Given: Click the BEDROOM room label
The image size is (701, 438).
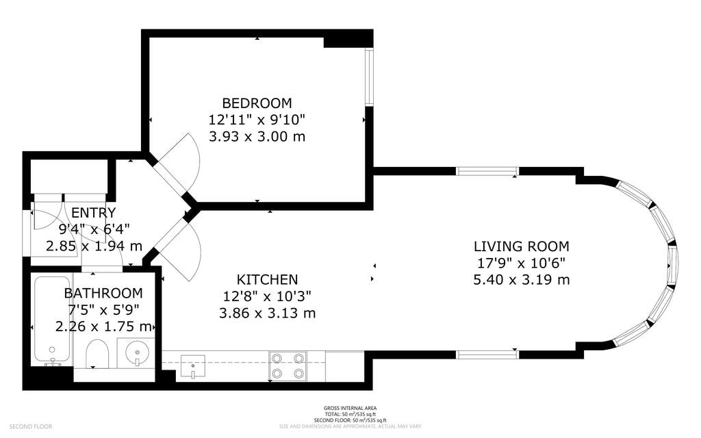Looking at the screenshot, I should click(x=257, y=103).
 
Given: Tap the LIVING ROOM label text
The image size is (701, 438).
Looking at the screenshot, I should click(x=521, y=246).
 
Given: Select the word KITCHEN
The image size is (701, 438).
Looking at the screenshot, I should click(x=267, y=279).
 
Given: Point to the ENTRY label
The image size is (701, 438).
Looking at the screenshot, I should click(x=94, y=213).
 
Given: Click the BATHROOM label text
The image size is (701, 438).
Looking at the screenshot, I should click(x=103, y=293).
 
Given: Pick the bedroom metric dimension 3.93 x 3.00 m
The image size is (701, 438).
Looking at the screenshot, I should click(x=257, y=136).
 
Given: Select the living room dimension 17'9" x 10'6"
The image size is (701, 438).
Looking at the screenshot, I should click(x=521, y=263).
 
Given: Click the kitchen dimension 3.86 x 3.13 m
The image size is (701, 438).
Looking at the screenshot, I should click(x=267, y=313).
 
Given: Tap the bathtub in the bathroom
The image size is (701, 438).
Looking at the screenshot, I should click(x=52, y=319).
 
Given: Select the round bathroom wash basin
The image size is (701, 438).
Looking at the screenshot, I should click(x=137, y=352).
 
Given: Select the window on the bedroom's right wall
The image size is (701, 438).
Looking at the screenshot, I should click(x=369, y=77).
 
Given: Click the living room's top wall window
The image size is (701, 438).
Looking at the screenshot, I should click(x=487, y=171).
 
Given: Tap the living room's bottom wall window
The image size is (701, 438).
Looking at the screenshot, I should click(x=487, y=354).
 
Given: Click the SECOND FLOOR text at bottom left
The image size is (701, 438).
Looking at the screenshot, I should click(x=31, y=426).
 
